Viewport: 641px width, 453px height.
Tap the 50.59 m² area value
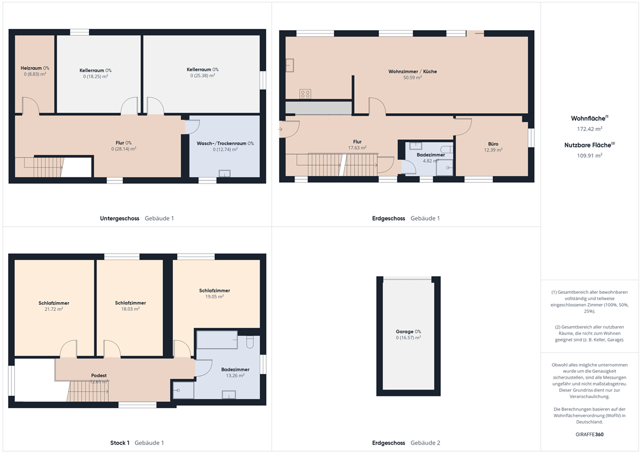[x=413, y=78]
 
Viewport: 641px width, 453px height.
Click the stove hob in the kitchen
[x=305, y=94]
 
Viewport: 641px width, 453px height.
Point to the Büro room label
[x=493, y=144]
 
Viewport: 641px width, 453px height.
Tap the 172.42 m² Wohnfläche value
[x=590, y=129]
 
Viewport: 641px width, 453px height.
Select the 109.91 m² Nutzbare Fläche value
[x=590, y=156]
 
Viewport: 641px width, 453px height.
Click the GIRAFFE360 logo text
[x=590, y=434]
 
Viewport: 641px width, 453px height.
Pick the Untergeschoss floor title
[x=119, y=218]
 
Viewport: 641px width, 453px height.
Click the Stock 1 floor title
[x=120, y=443]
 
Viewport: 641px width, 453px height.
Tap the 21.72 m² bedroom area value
[x=54, y=309]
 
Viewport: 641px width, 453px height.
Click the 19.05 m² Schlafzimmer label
[x=215, y=291]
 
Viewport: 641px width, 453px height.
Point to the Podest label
[x=99, y=375]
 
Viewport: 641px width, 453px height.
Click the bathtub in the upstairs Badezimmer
[x=217, y=340]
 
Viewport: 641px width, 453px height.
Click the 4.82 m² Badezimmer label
[x=431, y=155]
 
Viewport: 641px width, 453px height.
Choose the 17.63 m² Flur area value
[x=357, y=148]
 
